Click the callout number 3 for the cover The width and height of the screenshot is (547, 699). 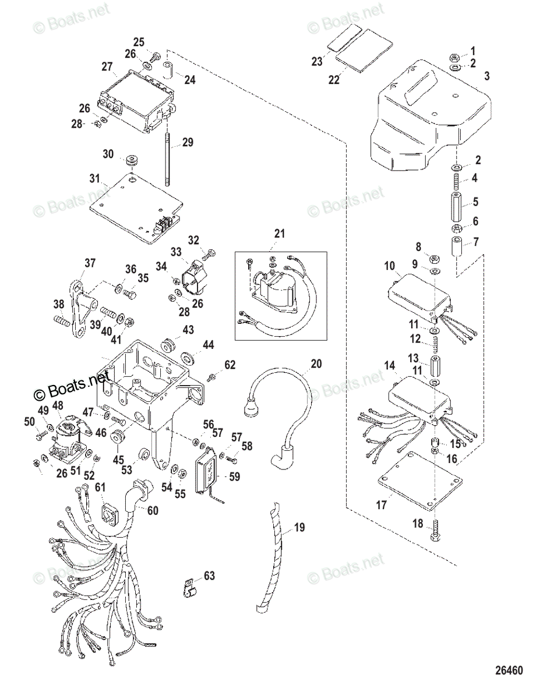(x=487, y=76)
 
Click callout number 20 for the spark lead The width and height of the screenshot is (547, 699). (x=316, y=364)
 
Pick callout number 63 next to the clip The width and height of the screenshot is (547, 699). (x=209, y=577)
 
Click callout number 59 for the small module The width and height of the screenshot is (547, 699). (x=234, y=476)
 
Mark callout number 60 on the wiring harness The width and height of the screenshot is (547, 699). (x=151, y=511)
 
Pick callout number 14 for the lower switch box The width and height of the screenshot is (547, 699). (x=390, y=365)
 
